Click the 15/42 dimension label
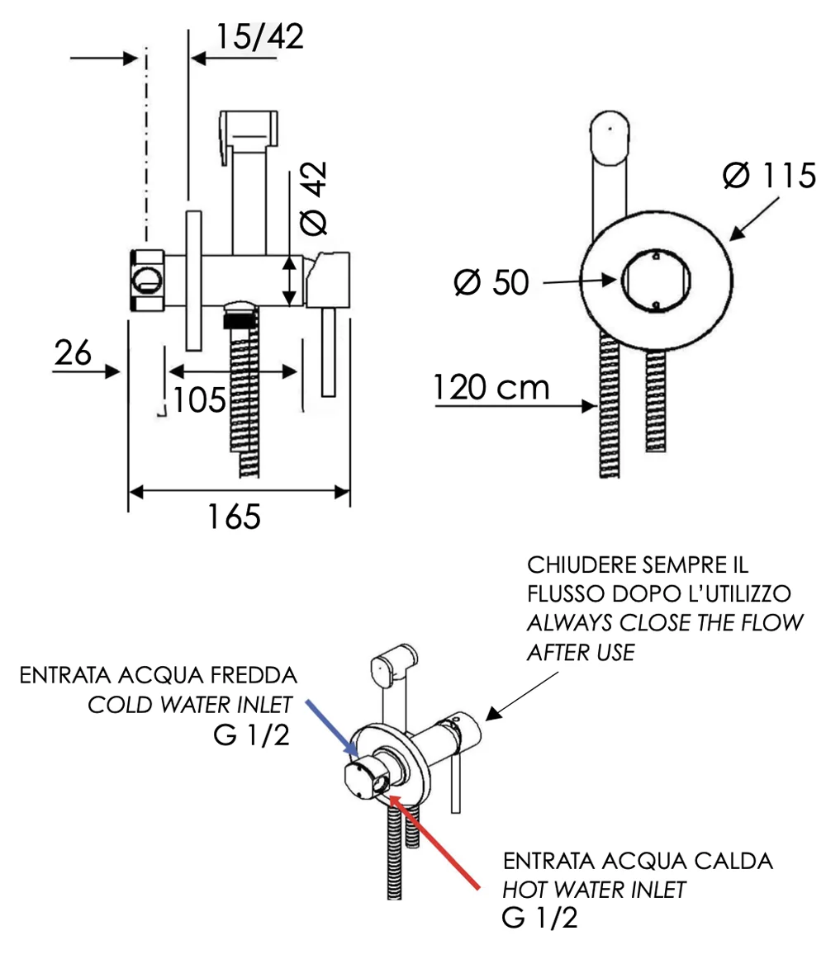[x=259, y=37]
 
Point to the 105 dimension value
[x=198, y=401]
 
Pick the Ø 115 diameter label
[x=768, y=175]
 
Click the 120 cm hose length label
[x=491, y=387]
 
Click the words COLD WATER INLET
[x=190, y=705]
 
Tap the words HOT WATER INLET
[x=595, y=890]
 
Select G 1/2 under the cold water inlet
[x=251, y=735]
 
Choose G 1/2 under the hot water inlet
[x=539, y=918]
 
